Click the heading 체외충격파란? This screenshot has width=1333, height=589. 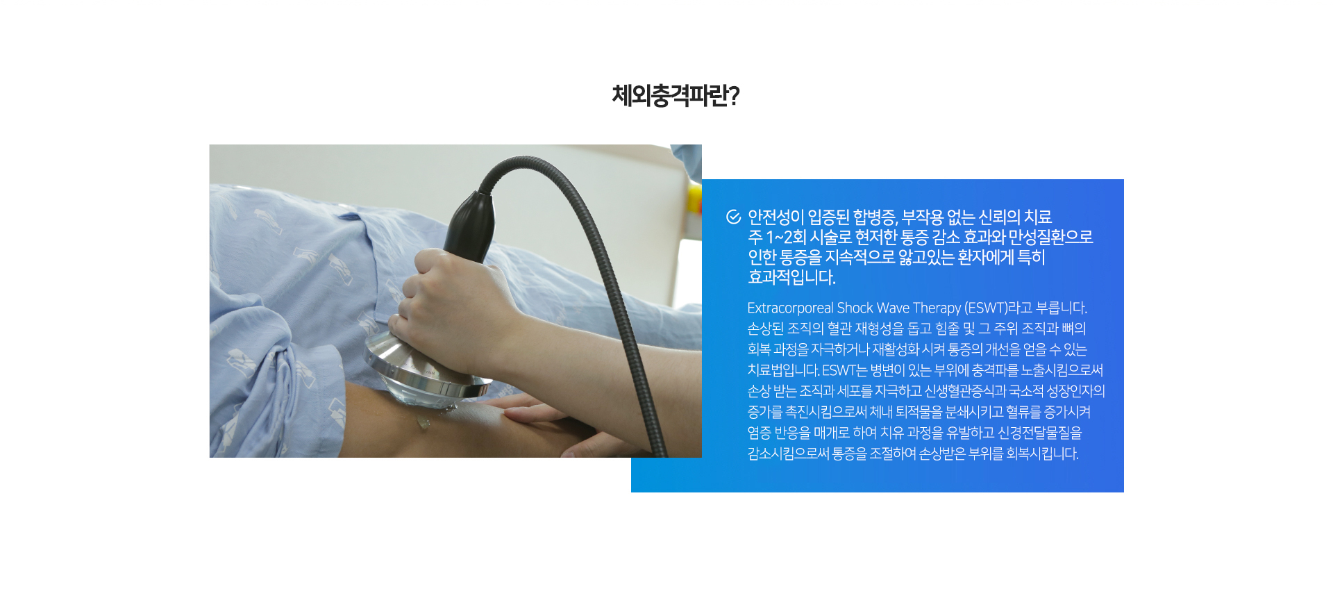pos(675,96)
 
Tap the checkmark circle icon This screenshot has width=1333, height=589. pos(733,217)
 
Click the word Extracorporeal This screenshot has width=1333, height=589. pos(790,308)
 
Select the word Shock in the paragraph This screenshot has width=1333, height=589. pos(855,308)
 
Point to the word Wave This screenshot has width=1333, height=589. pos(893,308)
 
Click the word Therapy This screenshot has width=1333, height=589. pos(937,308)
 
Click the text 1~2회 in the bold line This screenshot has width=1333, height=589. pos(786,238)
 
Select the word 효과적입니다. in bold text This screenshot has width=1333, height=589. pos(791,277)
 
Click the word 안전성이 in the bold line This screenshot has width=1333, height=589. pos(776,217)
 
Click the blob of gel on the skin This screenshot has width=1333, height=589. pos(423,422)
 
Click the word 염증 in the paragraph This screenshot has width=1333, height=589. pos(760,433)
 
